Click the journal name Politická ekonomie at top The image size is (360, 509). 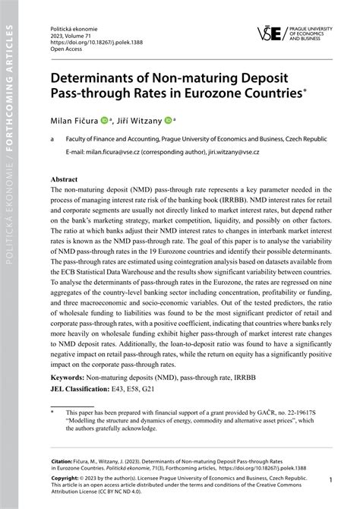[x=75, y=25]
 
